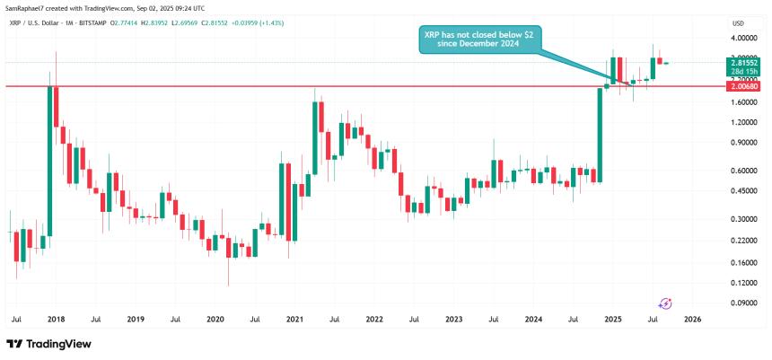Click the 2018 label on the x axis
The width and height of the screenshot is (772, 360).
[56, 319]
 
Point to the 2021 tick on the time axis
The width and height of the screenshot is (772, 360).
[294, 319]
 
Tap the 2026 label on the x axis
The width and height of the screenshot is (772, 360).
[693, 319]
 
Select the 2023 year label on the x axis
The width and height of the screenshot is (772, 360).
[454, 319]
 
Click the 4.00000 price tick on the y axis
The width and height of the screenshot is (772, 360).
[744, 39]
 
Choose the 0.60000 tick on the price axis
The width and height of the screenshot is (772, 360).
[744, 171]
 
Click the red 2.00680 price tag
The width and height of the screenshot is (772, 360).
[745, 86]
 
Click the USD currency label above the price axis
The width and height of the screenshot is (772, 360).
[738, 22]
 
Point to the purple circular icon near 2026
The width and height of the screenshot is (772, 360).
[666, 304]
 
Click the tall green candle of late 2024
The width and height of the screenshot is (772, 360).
[598, 135]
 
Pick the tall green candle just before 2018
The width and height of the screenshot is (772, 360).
[49, 162]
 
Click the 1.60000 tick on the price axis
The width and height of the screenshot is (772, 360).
[744, 102]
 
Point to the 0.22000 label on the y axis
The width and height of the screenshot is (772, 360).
[744, 241]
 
